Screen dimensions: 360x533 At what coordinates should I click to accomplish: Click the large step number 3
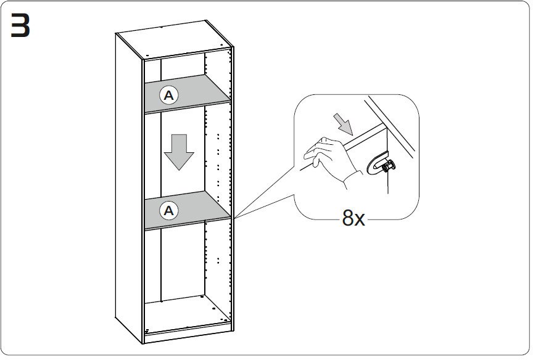point(20,26)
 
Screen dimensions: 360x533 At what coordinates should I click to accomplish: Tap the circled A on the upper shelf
point(168,95)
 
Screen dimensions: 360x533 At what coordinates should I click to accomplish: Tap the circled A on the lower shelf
point(168,211)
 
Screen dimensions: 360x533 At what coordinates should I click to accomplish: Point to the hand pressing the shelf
point(328,157)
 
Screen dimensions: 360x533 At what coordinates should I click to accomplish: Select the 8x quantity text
point(353,217)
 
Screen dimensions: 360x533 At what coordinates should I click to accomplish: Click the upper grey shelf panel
point(197,92)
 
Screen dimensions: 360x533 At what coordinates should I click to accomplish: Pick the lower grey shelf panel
point(197,209)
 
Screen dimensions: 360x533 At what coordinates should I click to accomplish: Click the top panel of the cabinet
point(173,39)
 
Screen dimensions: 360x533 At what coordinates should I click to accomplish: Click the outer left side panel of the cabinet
point(129,185)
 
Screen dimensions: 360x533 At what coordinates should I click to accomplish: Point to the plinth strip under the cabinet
point(185,335)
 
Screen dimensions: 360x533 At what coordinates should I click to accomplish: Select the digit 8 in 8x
point(348,217)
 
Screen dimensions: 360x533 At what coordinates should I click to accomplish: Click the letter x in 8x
point(360,219)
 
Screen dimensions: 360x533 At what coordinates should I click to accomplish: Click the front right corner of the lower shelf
point(230,216)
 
